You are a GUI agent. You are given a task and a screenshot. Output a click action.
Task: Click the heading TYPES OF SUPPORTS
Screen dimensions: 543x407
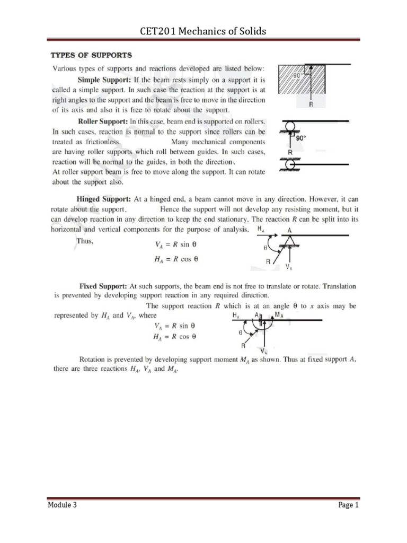(91, 55)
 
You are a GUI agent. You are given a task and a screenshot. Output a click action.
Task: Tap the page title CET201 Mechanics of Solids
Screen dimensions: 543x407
(203, 31)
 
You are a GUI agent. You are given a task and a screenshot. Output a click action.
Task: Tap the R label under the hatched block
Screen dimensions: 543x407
(311, 105)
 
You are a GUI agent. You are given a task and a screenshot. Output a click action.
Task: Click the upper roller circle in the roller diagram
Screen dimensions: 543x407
(290, 128)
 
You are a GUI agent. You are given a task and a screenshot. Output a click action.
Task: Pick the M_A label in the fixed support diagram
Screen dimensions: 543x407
(279, 315)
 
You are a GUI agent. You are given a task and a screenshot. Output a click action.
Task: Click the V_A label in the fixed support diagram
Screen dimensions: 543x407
(263, 351)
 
